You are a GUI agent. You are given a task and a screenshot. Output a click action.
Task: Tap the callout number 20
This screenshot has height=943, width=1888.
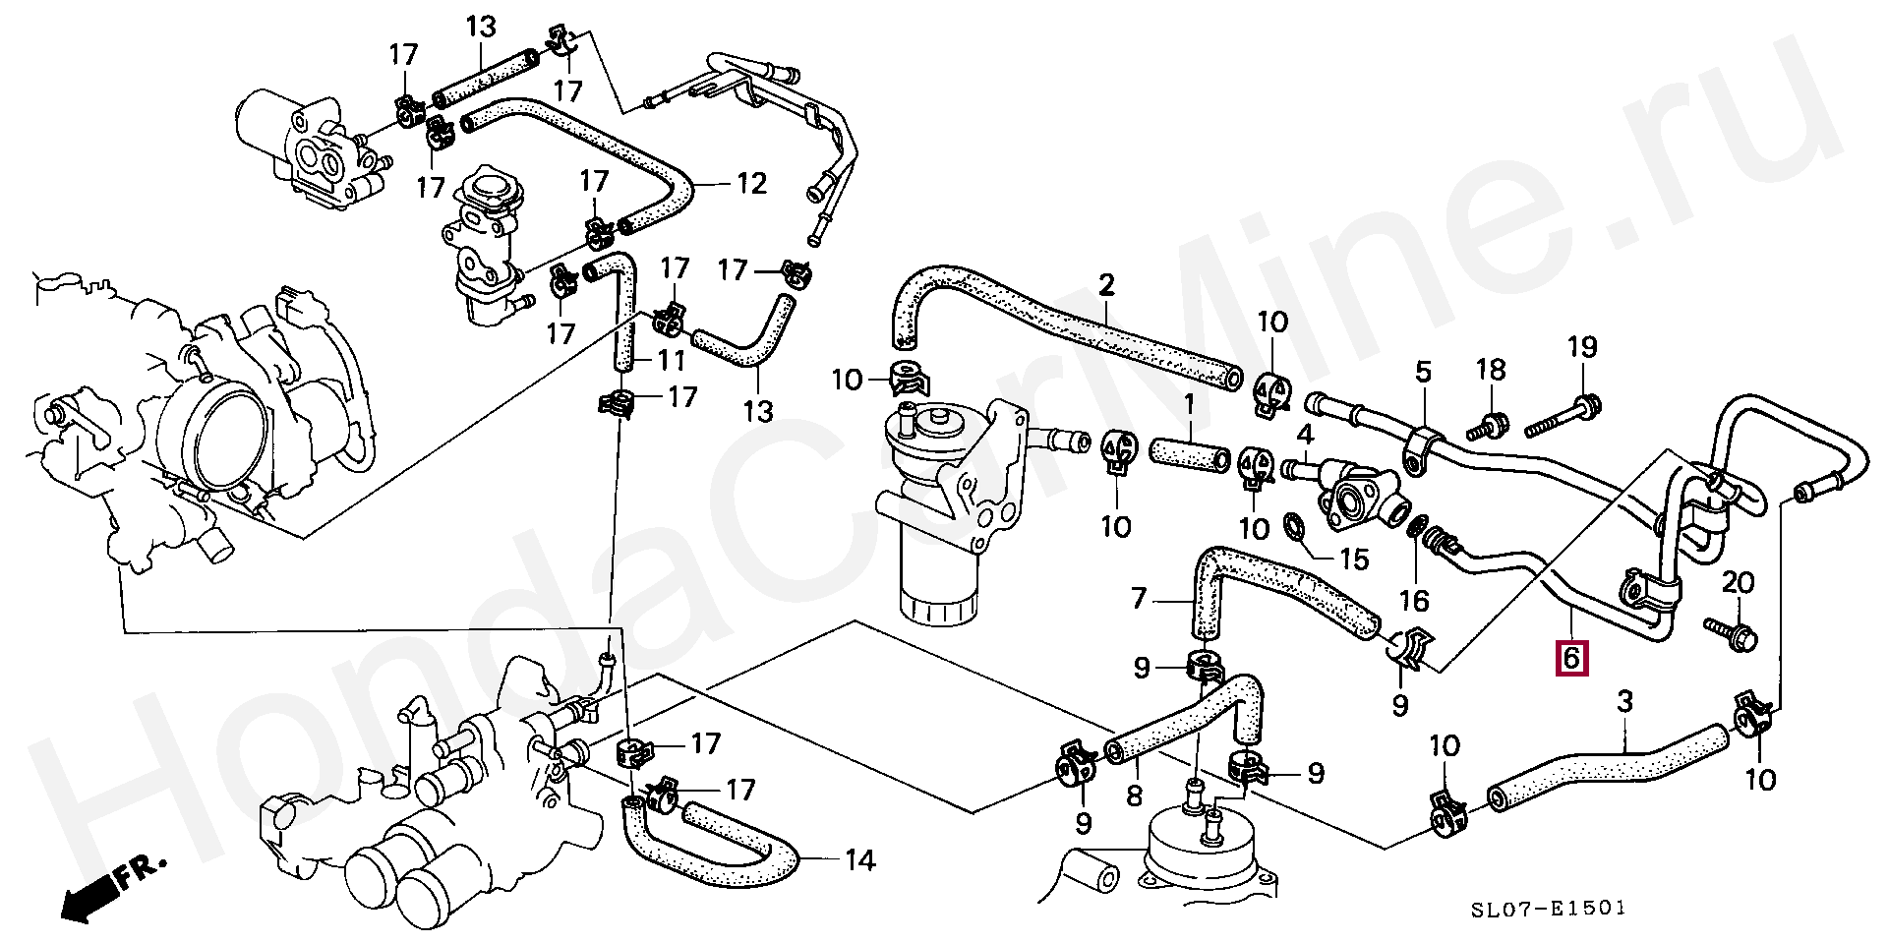pos(1738,583)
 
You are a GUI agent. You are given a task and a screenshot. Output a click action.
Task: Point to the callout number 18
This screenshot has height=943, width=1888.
pos(1492,370)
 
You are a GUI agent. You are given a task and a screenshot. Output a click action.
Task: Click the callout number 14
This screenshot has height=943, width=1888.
pos(858,861)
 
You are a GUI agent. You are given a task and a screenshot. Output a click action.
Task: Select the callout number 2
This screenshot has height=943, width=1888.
pos(1106,286)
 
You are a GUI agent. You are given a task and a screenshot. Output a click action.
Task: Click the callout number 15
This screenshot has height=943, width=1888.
pos(1354,560)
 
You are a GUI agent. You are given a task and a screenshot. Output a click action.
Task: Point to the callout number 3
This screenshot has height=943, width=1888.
pos(1624,701)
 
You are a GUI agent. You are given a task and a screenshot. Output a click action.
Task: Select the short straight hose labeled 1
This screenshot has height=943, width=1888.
pos(1189,457)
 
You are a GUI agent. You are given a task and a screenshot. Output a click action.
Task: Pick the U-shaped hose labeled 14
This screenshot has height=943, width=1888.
pos(708,846)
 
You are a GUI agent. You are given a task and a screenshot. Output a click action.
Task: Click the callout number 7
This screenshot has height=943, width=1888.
pos(1139,598)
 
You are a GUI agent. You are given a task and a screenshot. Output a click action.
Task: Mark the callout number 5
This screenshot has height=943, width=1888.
pos(1423,373)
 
